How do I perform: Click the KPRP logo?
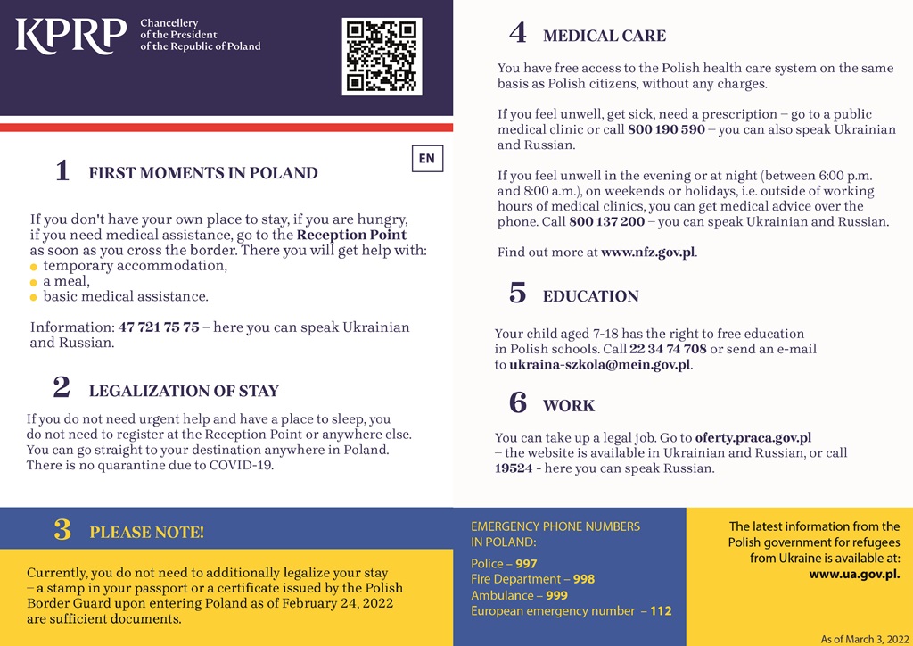pos(70,35)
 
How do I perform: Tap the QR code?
pos(382,55)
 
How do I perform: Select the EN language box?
pos(427,159)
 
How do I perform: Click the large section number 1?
pos(62,170)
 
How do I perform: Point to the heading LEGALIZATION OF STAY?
pos(184,391)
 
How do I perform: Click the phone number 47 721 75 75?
pos(159,327)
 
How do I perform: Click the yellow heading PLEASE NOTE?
pos(146,533)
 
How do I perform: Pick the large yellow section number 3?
pos(62,530)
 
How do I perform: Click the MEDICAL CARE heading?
pos(604,37)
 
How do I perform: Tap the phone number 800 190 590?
pos(666,129)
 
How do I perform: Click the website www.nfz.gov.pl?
pos(647,253)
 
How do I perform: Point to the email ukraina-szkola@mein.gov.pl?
pos(600,365)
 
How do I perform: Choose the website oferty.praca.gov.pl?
pos(753,437)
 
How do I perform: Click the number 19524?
pos(514,468)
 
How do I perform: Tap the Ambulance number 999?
pos(557,595)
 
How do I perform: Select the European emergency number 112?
pos(661,611)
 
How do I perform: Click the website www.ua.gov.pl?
pos(854,574)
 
